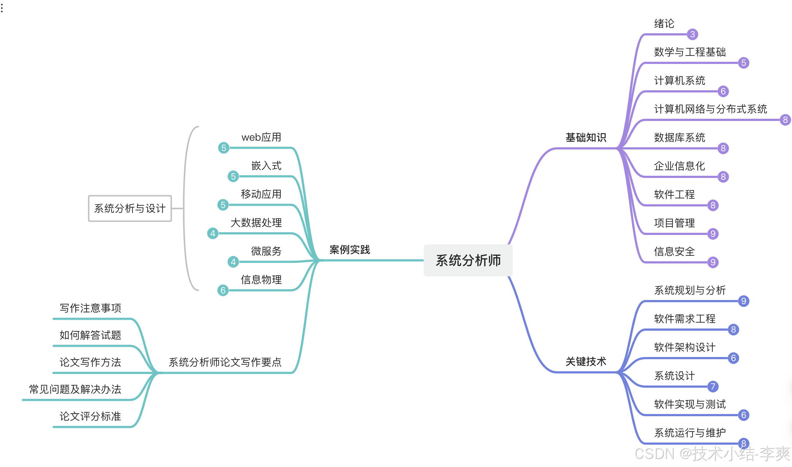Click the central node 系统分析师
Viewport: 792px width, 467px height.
pos(468,260)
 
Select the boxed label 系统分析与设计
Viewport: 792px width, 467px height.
pos(130,208)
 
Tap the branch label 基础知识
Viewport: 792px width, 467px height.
pos(586,137)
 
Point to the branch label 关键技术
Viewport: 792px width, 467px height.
pos(586,361)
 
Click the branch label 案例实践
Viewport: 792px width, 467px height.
pos(350,250)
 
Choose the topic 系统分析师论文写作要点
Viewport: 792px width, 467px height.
pos(225,362)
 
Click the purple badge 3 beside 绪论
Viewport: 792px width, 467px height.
pos(692,34)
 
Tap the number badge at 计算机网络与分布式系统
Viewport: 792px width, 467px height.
pos(785,120)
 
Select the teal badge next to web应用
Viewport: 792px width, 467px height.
pos(224,148)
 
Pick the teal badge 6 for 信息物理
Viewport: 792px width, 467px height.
pos(223,291)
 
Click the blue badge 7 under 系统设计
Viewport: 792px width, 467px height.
pos(713,387)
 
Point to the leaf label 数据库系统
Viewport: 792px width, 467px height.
pos(679,137)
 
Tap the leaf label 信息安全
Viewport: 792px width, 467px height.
pos(674,251)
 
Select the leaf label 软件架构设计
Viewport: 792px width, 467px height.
pos(684,347)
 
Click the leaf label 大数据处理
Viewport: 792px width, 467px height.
pos(256,223)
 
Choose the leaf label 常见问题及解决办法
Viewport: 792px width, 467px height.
pos(75,389)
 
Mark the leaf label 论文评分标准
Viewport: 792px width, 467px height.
pos(90,416)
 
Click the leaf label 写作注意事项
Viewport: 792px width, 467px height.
pos(90,308)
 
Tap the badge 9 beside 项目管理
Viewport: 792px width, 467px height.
pos(713,234)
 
